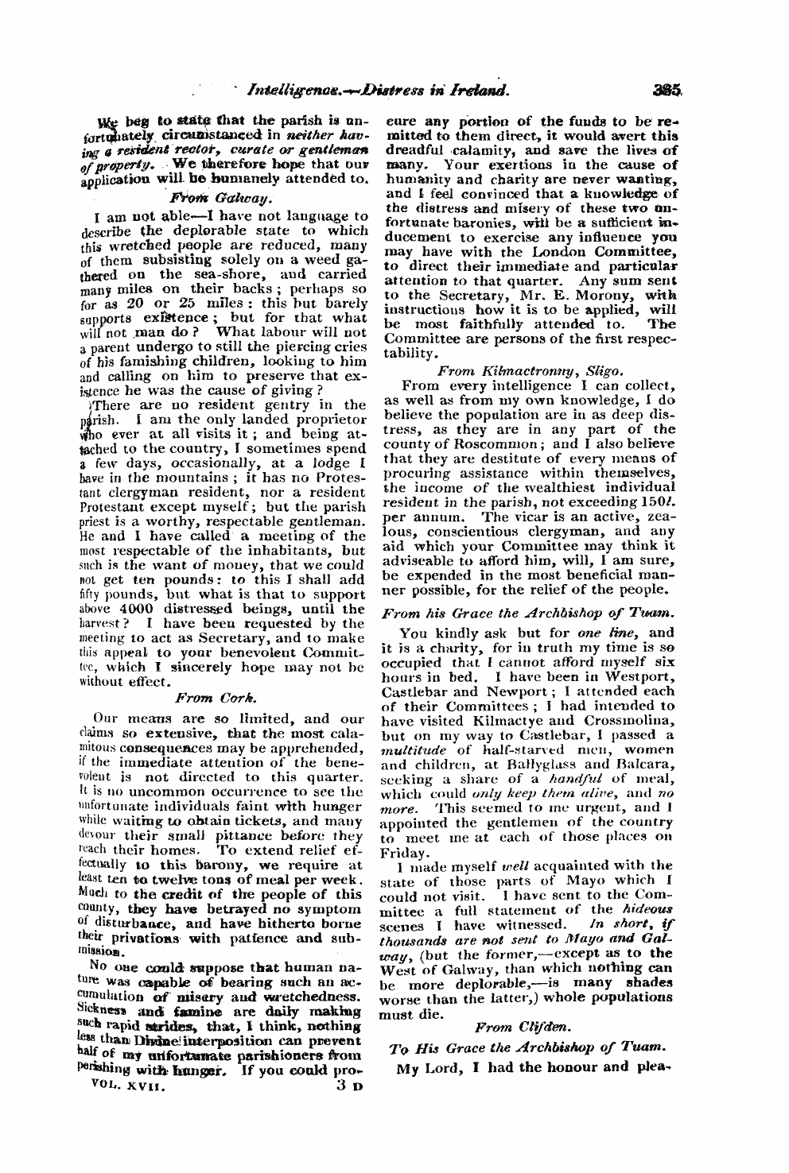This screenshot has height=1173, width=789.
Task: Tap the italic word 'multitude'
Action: tap(414, 750)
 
